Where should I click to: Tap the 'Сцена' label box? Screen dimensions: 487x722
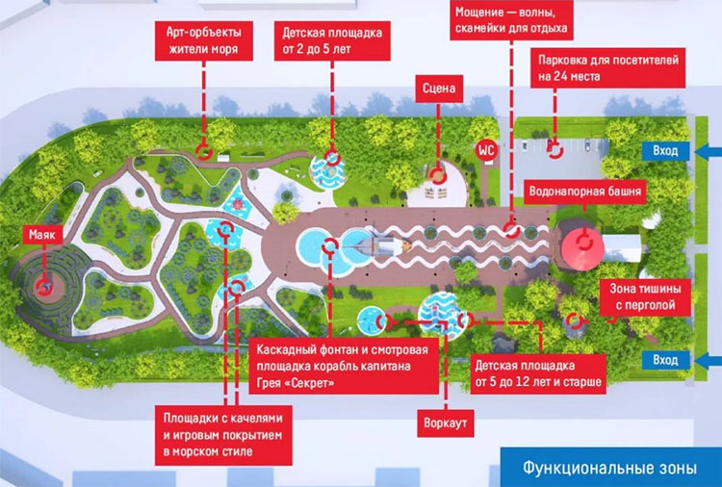(437, 90)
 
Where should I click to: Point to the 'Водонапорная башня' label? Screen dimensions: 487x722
(584, 192)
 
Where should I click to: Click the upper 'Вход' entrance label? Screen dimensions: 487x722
(664, 152)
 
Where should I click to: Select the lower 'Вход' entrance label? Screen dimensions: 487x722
(664, 360)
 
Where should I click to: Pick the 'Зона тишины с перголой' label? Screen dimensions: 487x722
(647, 297)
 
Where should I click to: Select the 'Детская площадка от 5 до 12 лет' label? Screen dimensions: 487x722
(538, 373)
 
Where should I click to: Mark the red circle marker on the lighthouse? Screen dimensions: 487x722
(42, 285)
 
